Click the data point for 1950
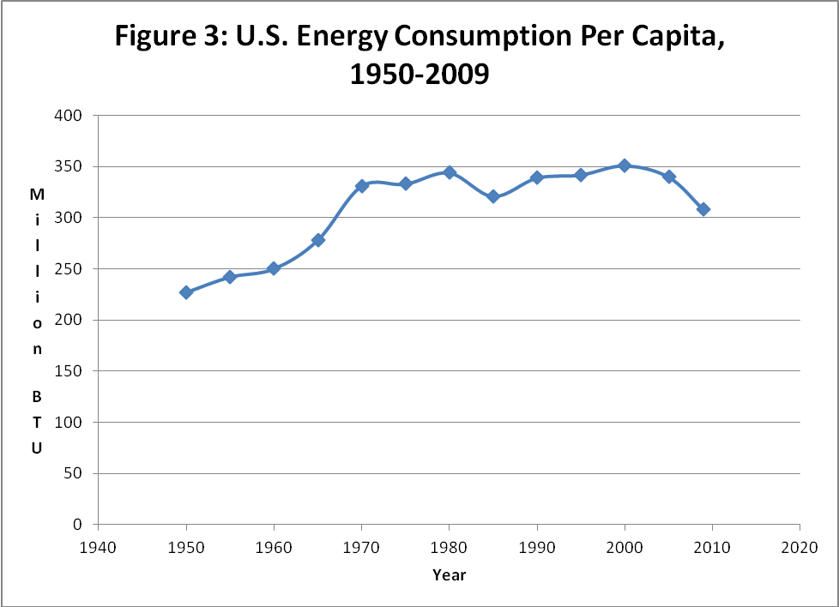(186, 292)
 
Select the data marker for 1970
(362, 186)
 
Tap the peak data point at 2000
(625, 165)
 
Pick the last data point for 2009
(703, 209)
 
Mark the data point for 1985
(493, 197)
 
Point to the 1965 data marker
(317, 239)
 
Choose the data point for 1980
(450, 172)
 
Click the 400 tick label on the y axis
(68, 116)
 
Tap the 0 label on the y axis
(77, 525)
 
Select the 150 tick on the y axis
(68, 371)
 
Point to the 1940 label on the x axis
(98, 548)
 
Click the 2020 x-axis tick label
(800, 548)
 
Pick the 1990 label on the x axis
(537, 548)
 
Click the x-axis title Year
(450, 575)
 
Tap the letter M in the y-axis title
(37, 194)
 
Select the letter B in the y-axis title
(37, 396)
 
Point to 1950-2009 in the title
(419, 73)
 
